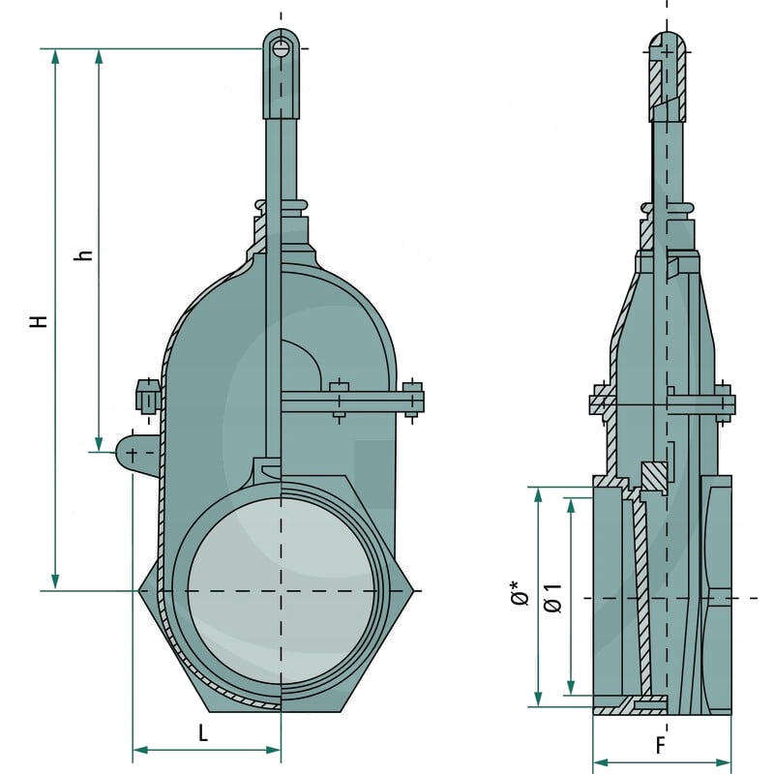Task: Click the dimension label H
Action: [x=38, y=319]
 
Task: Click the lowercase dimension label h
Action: [x=85, y=254]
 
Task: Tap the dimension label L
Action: [x=203, y=732]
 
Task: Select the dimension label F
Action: [x=661, y=746]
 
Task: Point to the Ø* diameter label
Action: [x=521, y=592]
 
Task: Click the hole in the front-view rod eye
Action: [x=281, y=47]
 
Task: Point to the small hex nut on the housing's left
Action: [x=145, y=396]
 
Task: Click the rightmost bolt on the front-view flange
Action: [x=413, y=400]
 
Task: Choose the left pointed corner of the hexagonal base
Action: [x=142, y=590]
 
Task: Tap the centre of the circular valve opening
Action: [x=282, y=590]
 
